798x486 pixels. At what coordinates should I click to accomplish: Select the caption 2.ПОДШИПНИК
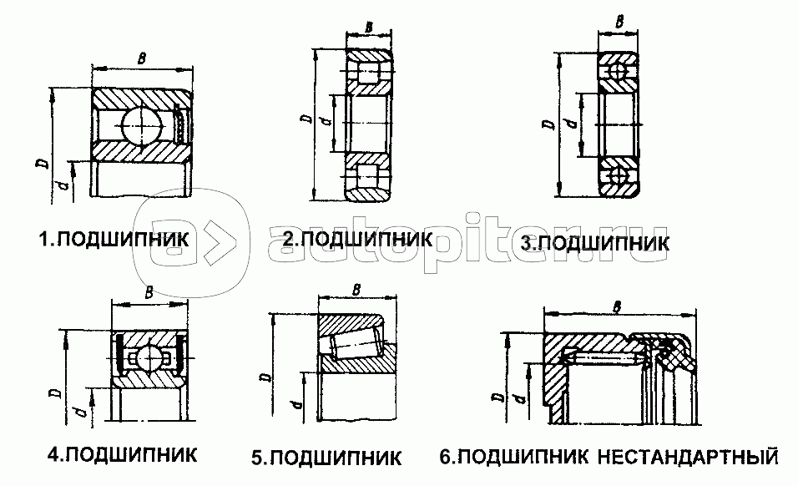356,239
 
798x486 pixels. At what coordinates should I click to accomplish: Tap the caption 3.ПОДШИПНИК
594,243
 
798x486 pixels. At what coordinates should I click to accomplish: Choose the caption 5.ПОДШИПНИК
326,458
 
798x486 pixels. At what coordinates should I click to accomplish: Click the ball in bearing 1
138,127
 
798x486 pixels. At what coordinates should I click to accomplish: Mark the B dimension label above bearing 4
149,291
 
